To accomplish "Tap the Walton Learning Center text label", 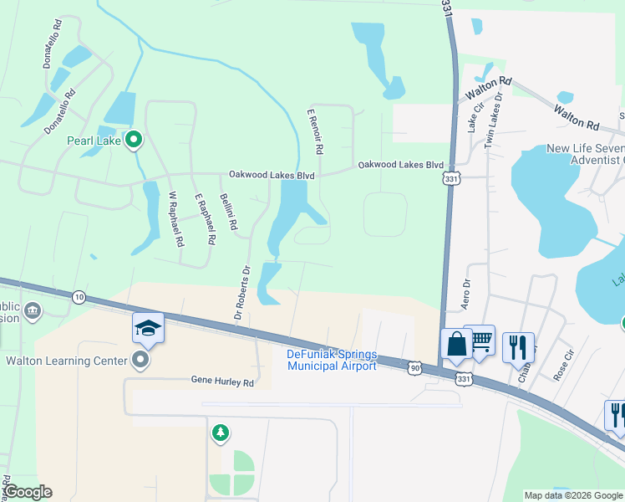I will tap(65, 361).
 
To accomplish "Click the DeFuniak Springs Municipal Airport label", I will tap(333, 360).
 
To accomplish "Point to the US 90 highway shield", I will tap(415, 366).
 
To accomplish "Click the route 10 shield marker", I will tap(79, 297).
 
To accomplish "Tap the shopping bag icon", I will tap(456, 342).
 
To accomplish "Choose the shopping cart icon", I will tap(480, 340).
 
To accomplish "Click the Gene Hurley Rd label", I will tap(221, 382).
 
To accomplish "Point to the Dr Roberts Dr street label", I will tap(241, 293).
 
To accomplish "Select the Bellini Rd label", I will tap(228, 213).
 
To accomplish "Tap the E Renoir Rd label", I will tap(315, 131).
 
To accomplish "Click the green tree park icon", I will tap(220, 433).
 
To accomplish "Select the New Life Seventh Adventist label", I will tap(585, 154).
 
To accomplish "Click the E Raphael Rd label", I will tap(206, 219).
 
